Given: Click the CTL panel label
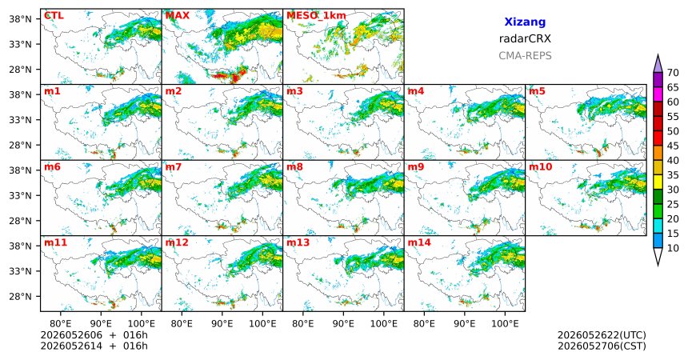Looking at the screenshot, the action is pos(54,16).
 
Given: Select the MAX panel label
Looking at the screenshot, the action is pos(178,16).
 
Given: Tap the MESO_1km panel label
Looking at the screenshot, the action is pos(316,16).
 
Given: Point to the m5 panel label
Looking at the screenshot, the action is pos(537,91).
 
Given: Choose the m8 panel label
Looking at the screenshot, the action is pos(294,167).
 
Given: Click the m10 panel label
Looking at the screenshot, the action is pos(540,167).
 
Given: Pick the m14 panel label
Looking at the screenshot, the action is pos(419,242).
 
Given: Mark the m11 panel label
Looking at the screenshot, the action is pos(55,242).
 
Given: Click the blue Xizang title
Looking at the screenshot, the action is pos(525,22).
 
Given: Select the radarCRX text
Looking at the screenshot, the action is pos(525,38).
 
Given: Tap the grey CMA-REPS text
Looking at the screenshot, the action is pos(525,56).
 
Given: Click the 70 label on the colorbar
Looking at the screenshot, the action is pos(673,73).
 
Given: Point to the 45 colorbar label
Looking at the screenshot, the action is pos(673,146).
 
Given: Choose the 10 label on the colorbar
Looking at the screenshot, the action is pos(673,248).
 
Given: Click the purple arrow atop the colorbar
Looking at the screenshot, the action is pos(658,64).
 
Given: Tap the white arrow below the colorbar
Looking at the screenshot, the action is pos(658,256).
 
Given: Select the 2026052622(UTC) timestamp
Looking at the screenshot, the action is pos(602,335).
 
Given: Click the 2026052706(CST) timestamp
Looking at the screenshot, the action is pos(602,346).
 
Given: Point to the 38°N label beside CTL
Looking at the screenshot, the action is pos(19,19).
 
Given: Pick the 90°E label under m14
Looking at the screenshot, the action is pos(464,324).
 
